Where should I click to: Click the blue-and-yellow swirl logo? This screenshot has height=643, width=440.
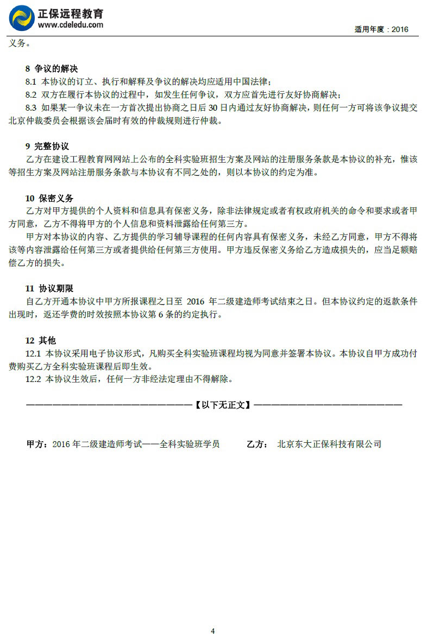coord(21,17)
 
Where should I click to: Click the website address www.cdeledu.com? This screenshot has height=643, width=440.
coord(71,24)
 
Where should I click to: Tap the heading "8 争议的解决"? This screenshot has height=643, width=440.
coord(52,69)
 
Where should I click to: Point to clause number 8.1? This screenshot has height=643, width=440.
coord(31,81)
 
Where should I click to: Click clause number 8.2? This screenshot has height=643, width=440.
coord(31,94)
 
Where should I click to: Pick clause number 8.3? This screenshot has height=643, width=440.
coord(31,107)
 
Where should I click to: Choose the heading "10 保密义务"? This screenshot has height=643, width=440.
coord(49,198)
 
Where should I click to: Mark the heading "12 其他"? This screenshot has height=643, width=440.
coord(41,341)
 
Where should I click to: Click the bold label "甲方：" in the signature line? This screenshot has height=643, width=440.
coord(37,444)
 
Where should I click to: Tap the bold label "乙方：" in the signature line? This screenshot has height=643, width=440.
coord(257,444)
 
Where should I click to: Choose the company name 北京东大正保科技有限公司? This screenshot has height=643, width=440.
coord(329,444)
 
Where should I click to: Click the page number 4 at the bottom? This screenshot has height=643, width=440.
coord(212,631)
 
